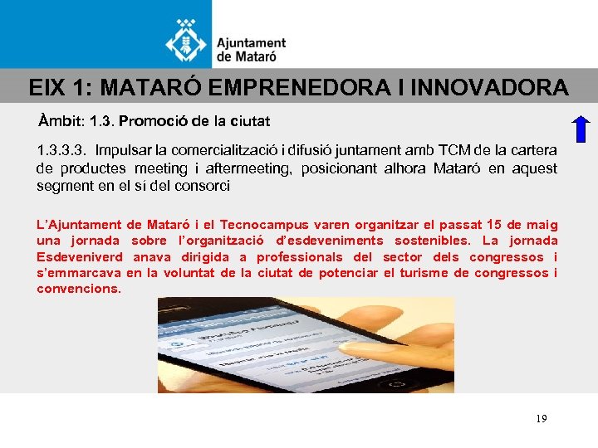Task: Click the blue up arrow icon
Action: pyautogui.click(x=581, y=131)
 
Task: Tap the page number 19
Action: pyautogui.click(x=542, y=419)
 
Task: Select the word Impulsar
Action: pyautogui.click(x=122, y=150)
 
